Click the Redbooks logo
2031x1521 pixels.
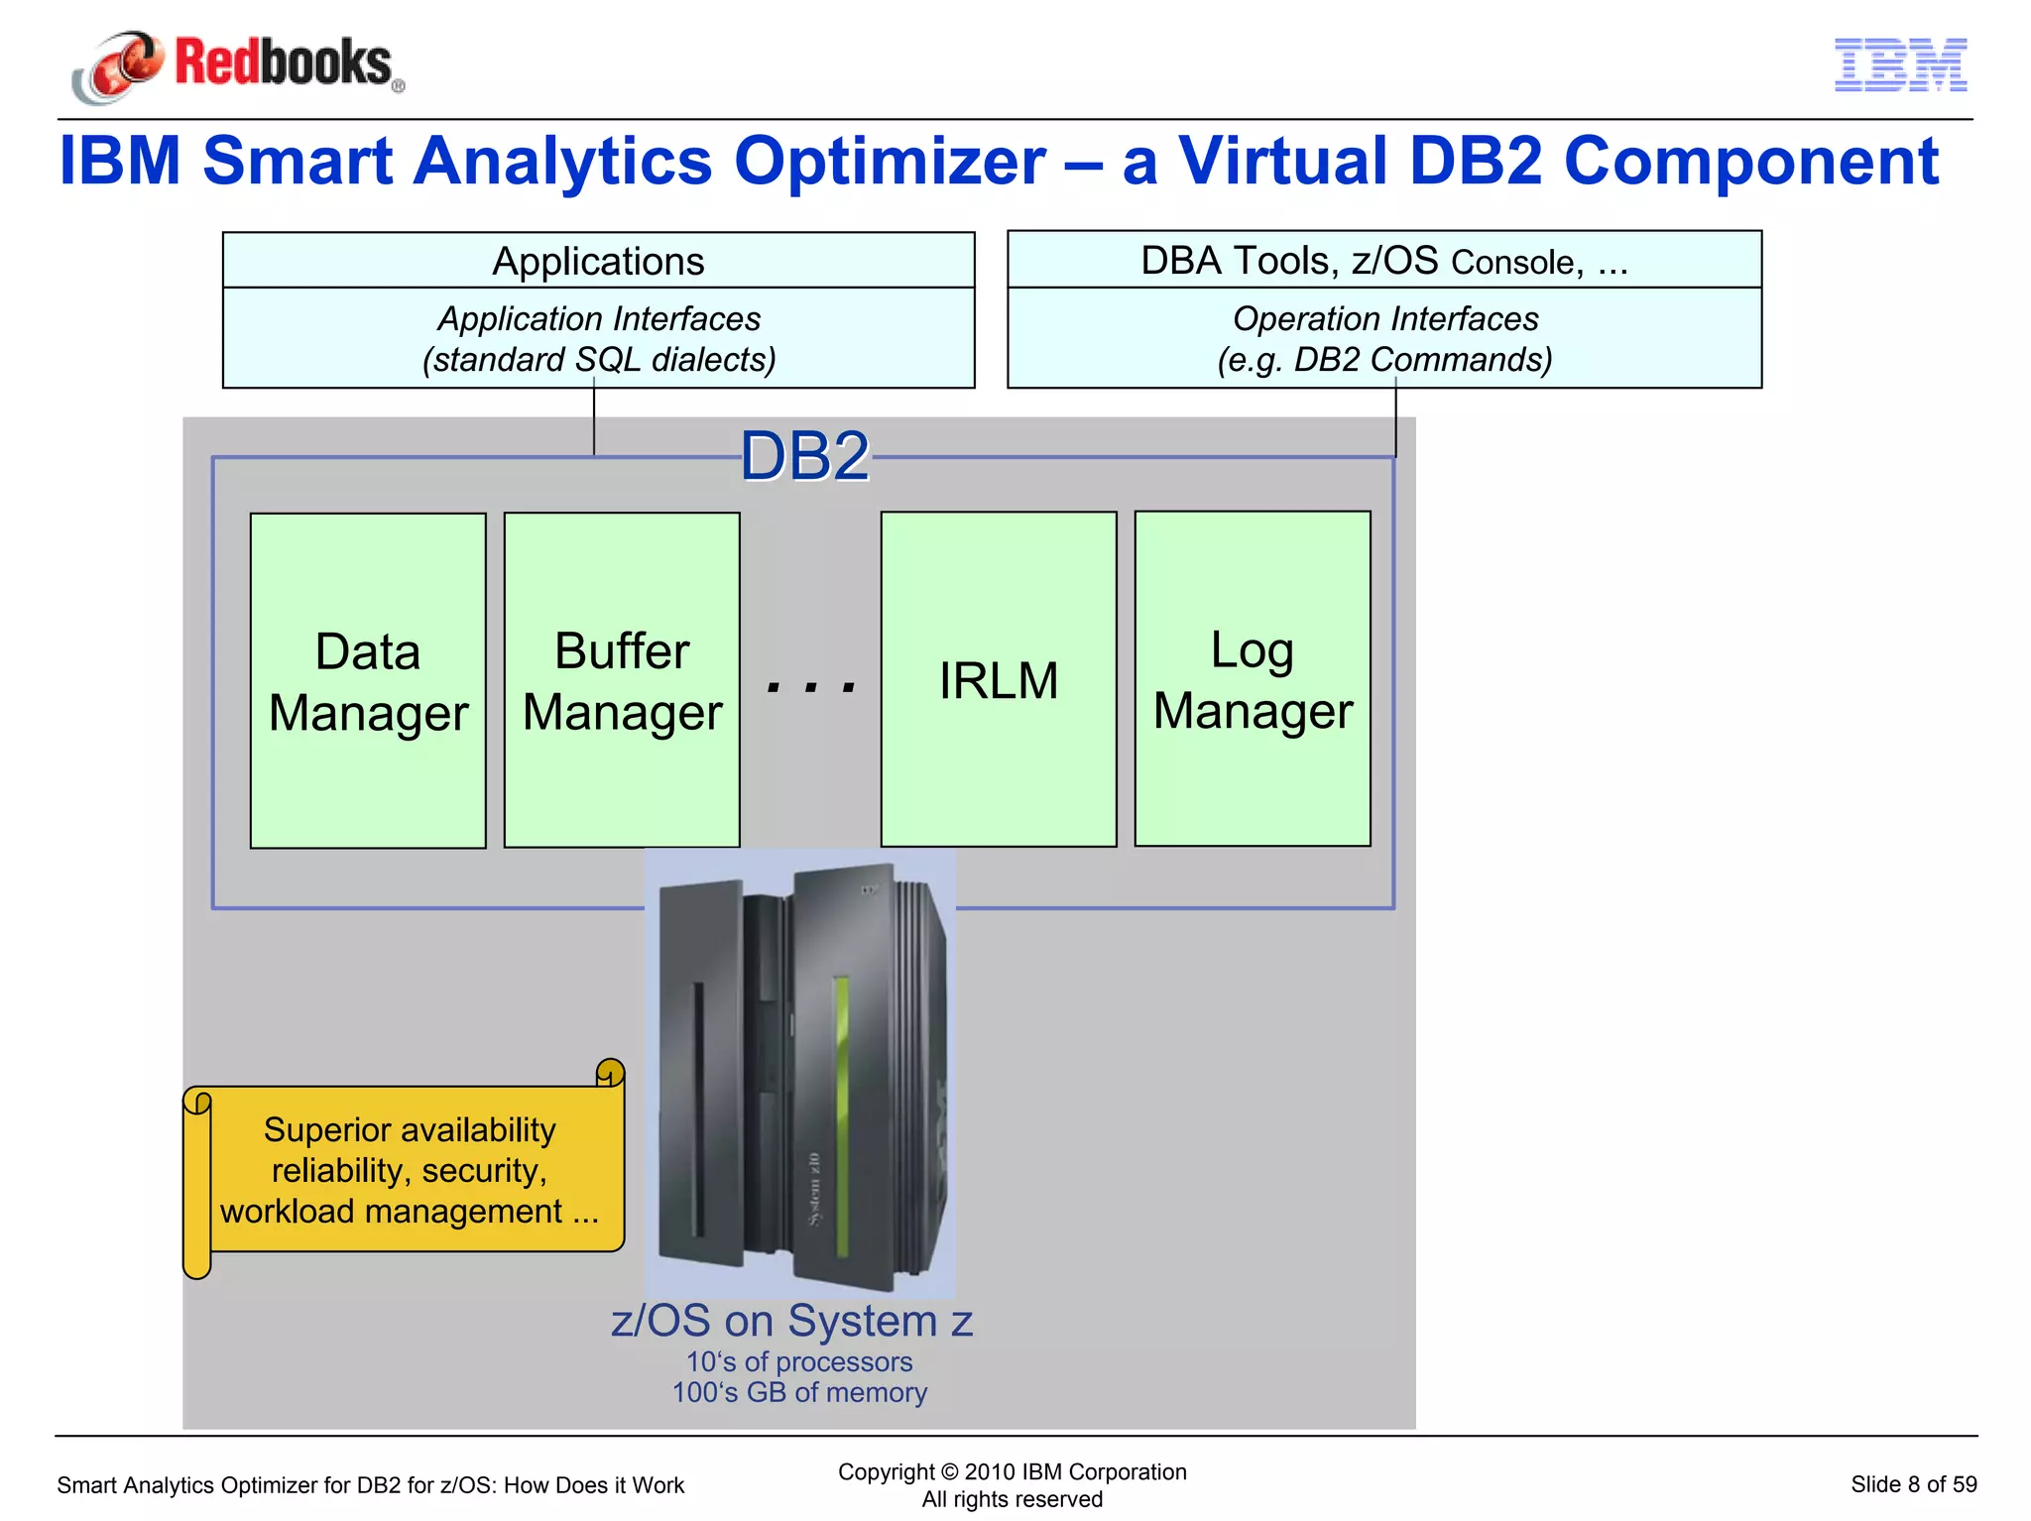coord(238,64)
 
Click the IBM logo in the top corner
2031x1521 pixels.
coord(1900,65)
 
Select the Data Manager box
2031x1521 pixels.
coord(368,680)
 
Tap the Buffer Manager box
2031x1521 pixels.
coord(622,680)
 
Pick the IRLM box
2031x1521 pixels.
coord(999,680)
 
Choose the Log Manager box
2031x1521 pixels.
coord(1253,679)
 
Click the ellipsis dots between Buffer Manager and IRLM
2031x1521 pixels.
coord(811,685)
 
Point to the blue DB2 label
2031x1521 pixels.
coord(804,457)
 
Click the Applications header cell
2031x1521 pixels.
coord(598,261)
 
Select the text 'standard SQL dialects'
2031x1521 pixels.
coord(599,359)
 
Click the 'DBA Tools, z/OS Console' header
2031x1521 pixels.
coord(1383,261)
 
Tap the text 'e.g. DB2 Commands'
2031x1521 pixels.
coord(1384,359)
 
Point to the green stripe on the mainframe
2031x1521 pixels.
coord(841,1120)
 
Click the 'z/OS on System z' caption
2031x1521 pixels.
coord(791,1321)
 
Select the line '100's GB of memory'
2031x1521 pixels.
coord(799,1392)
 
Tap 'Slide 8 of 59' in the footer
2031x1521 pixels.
coord(1913,1484)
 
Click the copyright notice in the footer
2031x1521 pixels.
coord(1012,1472)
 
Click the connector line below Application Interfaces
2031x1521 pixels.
coord(594,421)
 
